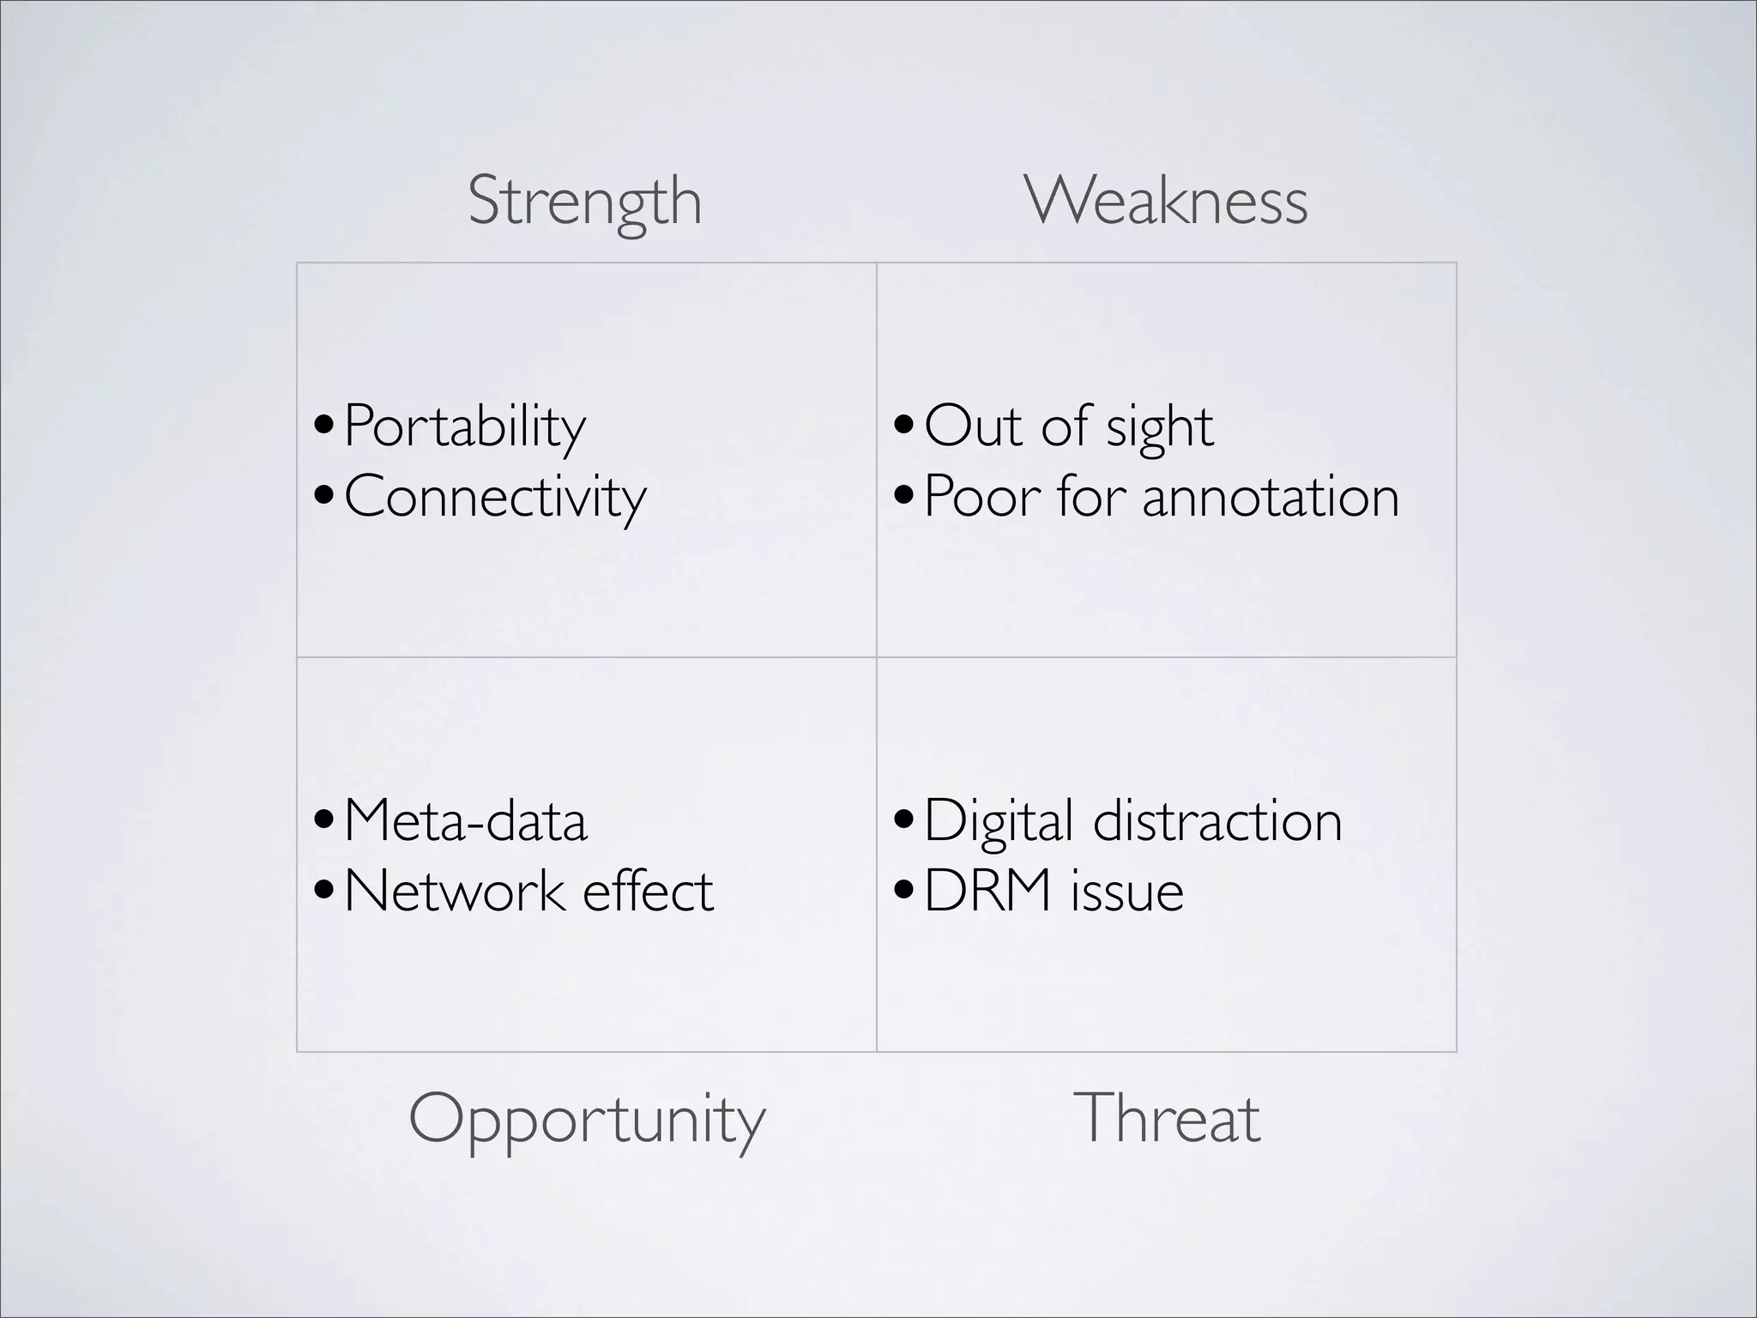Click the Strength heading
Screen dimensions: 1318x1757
(x=585, y=201)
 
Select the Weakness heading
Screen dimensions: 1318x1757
(x=1166, y=201)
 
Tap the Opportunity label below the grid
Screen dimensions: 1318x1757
(x=587, y=1119)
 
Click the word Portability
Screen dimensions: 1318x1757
(x=464, y=426)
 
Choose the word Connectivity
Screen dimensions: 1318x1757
(x=495, y=497)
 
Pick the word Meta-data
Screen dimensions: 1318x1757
(x=466, y=821)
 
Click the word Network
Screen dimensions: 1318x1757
(x=455, y=891)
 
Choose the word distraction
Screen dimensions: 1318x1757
(x=1217, y=821)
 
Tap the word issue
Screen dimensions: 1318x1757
(x=1127, y=891)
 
